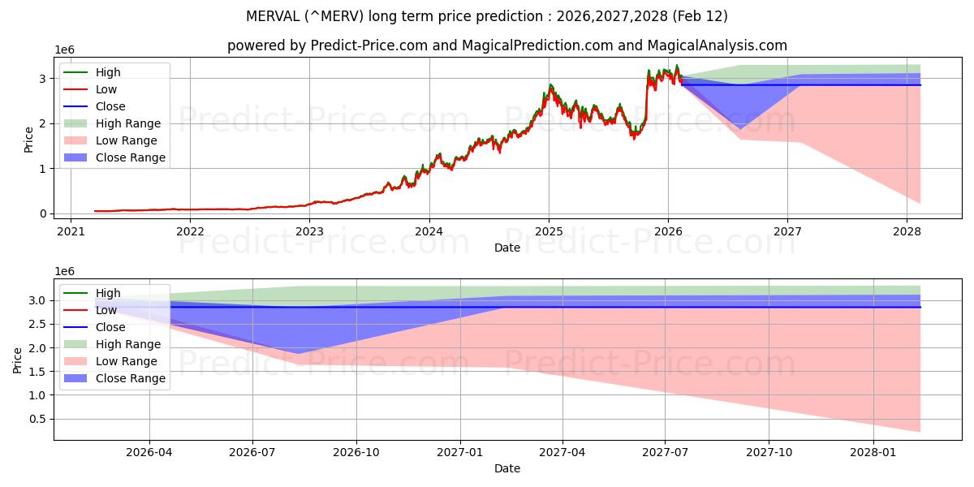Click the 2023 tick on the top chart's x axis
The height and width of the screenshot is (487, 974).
[x=309, y=231]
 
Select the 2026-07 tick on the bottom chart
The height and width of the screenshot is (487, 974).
[x=253, y=451]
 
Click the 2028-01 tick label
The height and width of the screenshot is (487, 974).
[x=873, y=451]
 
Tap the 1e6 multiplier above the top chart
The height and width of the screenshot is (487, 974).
[x=64, y=50]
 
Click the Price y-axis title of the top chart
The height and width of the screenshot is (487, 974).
[x=29, y=138]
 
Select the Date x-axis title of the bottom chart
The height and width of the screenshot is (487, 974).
[x=507, y=468]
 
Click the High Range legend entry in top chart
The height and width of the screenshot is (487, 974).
[x=127, y=123]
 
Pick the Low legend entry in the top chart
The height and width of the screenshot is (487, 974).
[x=106, y=89]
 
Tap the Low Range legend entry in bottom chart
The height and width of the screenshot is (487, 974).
[x=126, y=361]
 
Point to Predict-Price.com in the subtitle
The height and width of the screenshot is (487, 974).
[x=369, y=45]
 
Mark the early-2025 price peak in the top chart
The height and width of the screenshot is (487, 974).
[x=550, y=84]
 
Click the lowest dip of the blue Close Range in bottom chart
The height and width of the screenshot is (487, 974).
[x=298, y=353]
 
